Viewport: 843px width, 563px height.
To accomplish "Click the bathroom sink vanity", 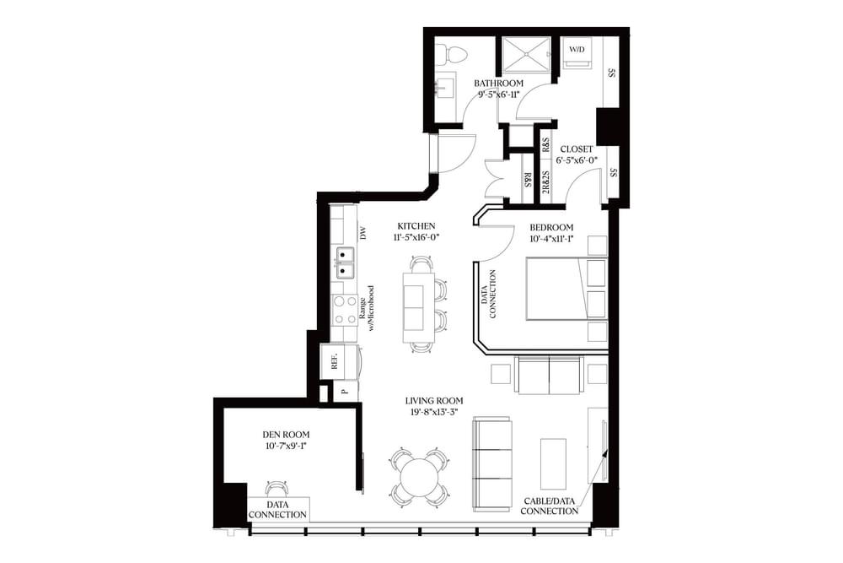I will point(443,87).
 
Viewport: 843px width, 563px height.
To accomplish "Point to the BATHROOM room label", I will point(498,84).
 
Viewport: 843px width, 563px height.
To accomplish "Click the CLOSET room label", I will point(577,149).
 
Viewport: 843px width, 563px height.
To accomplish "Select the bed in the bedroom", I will point(554,289).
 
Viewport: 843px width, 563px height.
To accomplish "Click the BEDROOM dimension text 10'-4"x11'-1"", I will point(551,239).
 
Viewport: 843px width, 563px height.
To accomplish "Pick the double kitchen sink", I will point(344,263).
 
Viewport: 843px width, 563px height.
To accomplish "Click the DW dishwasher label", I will point(364,233).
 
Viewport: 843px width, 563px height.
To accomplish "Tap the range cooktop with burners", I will point(344,311).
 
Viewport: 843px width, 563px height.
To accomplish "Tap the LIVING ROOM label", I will point(433,401).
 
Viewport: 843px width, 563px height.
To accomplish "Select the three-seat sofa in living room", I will point(492,464).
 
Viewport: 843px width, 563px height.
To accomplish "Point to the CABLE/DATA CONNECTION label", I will point(550,505).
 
